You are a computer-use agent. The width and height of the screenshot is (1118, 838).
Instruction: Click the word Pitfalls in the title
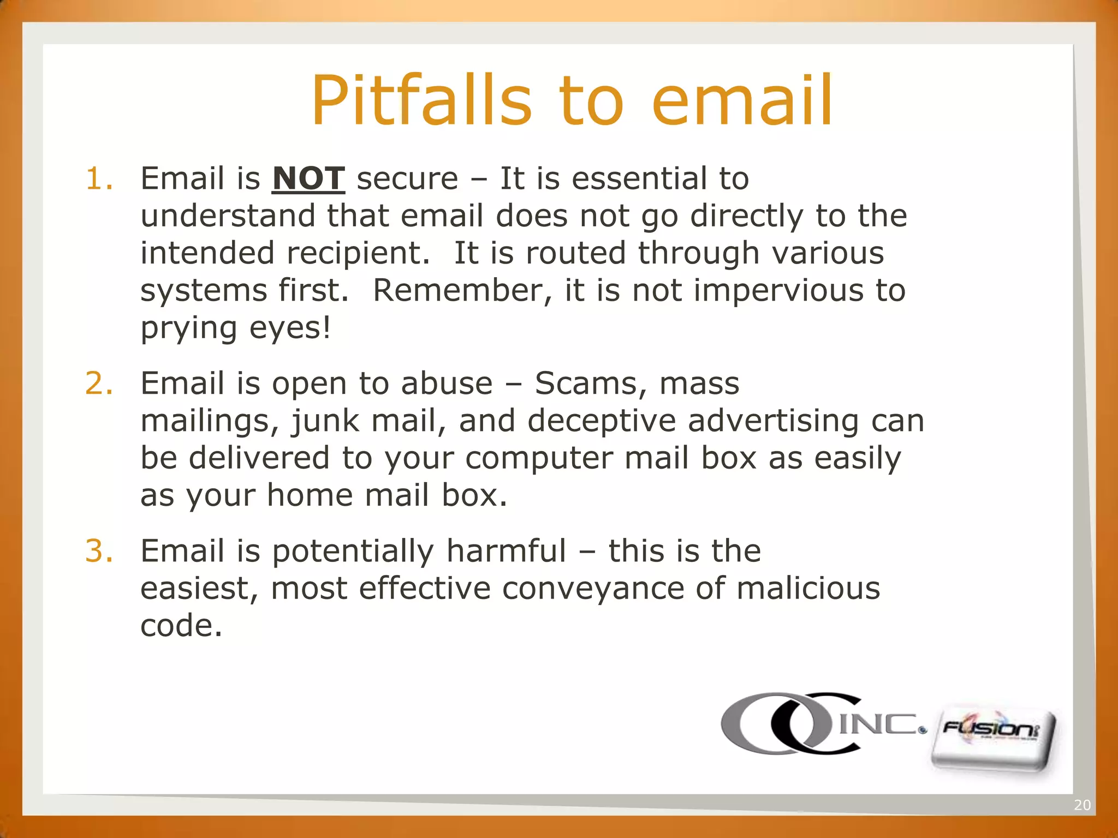coord(421,101)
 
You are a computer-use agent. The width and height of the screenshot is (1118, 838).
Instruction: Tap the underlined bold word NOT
coord(308,178)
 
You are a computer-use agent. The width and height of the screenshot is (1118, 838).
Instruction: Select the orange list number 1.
coord(99,178)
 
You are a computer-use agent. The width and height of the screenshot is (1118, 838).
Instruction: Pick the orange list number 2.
coord(99,383)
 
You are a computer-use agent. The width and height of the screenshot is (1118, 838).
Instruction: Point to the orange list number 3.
coord(99,550)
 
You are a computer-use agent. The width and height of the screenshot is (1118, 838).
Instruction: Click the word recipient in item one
coord(358,254)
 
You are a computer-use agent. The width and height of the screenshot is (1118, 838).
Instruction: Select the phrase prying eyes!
coord(235,328)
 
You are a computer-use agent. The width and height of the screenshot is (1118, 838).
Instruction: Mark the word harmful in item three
coord(506,550)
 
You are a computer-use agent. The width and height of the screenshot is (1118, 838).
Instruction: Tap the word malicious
coord(808,588)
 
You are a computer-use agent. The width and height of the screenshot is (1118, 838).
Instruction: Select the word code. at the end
coord(181,625)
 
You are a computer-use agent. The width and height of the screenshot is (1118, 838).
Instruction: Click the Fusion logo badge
coord(993,739)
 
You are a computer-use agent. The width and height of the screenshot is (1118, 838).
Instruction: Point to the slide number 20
coord(1082,805)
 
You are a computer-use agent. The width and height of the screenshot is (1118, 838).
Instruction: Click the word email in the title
coord(742,101)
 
